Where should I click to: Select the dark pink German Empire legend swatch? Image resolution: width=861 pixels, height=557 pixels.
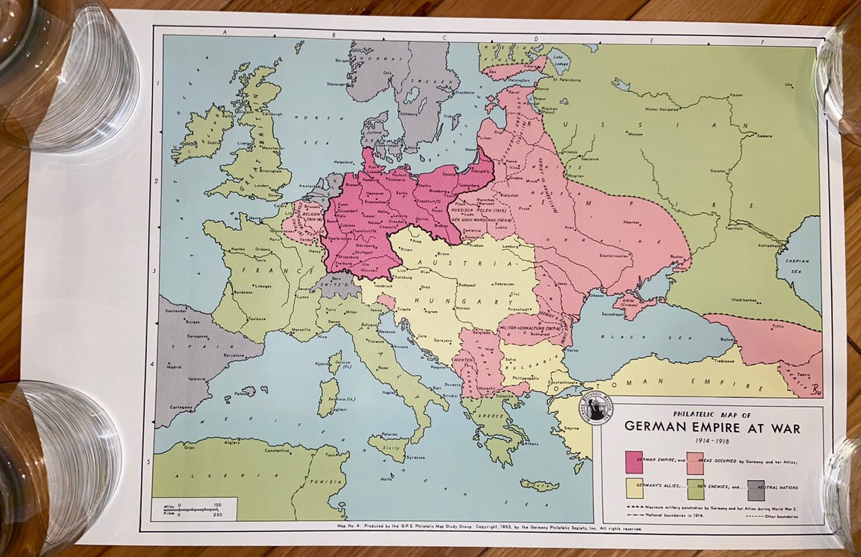tap(635, 460)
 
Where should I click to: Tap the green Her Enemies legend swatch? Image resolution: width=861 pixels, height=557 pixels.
tap(697, 489)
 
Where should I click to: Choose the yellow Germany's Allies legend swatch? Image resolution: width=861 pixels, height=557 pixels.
tap(635, 489)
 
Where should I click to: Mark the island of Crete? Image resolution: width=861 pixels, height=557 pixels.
tap(539, 485)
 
